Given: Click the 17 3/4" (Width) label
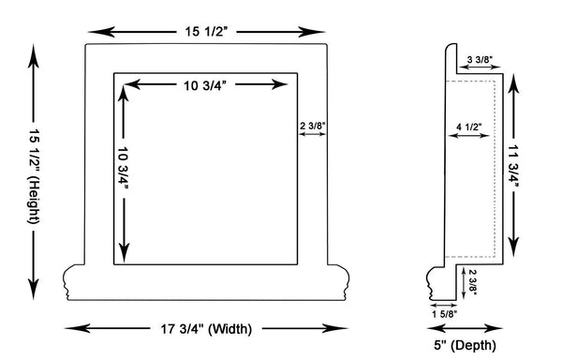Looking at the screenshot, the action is [206, 329].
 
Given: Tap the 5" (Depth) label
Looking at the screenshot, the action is [465, 346].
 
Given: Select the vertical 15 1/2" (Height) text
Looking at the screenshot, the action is [34, 176].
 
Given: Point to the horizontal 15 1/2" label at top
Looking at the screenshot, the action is [206, 32].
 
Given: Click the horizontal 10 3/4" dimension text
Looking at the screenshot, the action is [205, 85].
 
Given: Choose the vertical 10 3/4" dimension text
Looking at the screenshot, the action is [124, 169].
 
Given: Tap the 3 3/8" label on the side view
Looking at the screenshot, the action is [480, 59].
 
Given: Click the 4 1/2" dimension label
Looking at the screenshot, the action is [469, 127].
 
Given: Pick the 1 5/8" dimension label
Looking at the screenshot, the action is [444, 314].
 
